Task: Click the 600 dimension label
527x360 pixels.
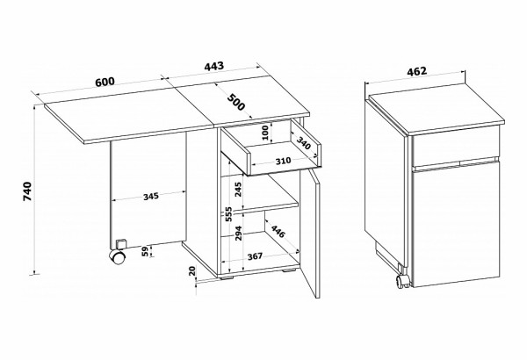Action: [x=105, y=82]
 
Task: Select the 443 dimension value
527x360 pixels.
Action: [x=213, y=66]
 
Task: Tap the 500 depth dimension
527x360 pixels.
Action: [x=236, y=102]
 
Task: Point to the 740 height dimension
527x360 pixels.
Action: [x=27, y=191]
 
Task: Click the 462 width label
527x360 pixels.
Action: [x=416, y=71]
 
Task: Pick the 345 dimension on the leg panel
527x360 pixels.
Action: [x=151, y=197]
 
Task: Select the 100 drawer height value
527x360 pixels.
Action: [x=265, y=133]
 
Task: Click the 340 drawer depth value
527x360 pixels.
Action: [x=304, y=143]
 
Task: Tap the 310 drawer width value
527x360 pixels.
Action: [x=283, y=161]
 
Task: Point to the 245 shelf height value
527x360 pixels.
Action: [x=238, y=190]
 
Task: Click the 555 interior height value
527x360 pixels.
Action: [x=229, y=213]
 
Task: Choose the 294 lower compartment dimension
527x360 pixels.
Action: [x=238, y=233]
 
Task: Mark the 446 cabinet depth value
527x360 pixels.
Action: [x=278, y=231]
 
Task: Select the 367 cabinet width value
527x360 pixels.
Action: [x=255, y=256]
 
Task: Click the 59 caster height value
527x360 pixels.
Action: [x=145, y=251]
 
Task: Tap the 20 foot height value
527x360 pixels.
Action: [x=191, y=271]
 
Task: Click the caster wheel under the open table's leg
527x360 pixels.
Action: [x=118, y=257]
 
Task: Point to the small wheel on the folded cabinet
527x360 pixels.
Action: [x=402, y=282]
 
